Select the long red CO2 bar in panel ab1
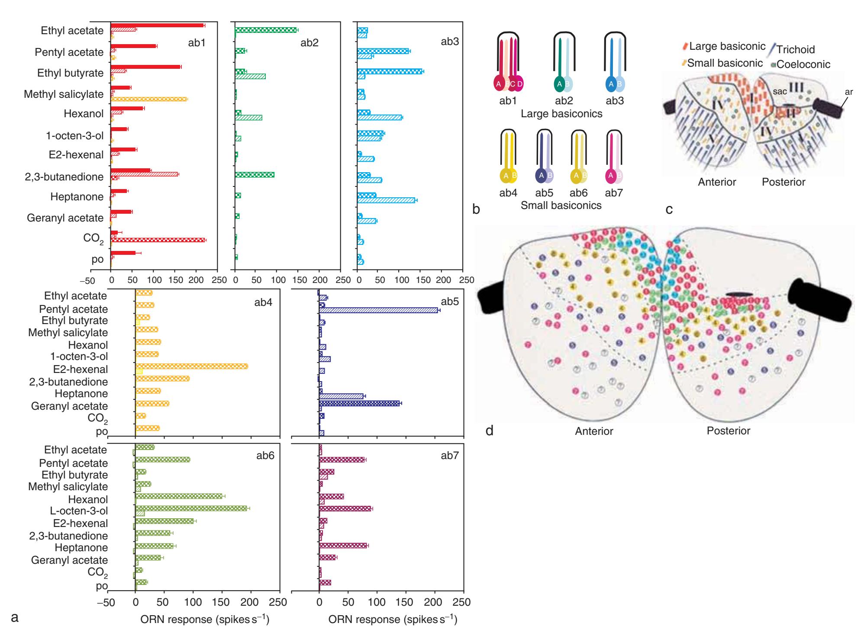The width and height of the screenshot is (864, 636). [x=158, y=240]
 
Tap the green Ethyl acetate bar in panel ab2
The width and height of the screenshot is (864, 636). [x=266, y=30]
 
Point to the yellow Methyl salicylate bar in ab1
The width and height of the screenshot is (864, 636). [x=149, y=99]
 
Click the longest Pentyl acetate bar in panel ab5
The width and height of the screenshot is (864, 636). [x=379, y=310]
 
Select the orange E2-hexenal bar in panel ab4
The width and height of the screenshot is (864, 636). [x=192, y=366]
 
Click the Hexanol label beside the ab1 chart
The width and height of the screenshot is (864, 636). [x=84, y=114]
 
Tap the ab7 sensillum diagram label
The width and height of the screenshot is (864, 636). [x=614, y=193]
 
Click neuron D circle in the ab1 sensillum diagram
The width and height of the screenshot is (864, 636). [x=519, y=84]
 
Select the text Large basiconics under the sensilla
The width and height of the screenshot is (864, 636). [x=561, y=114]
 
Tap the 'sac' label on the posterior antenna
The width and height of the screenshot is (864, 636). [x=780, y=91]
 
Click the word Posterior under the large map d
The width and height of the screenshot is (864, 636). [x=729, y=431]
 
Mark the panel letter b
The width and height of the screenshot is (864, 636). [x=476, y=209]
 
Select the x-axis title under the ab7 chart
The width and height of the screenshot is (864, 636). [x=393, y=619]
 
